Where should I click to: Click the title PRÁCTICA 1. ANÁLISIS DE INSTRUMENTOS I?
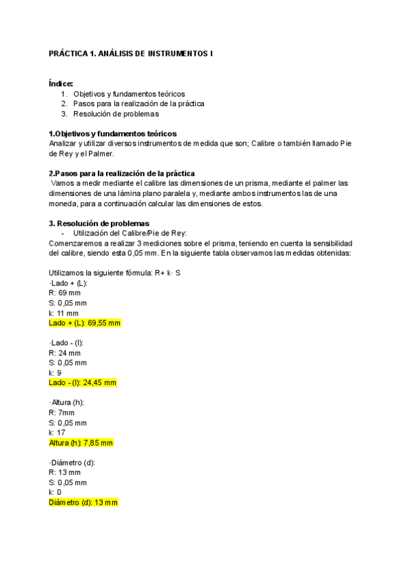pyautogui.click(x=131, y=53)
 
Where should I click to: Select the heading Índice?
pyautogui.click(x=61, y=83)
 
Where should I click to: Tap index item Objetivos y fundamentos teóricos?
pyautogui.click(x=129, y=94)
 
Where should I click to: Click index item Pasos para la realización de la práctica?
pyautogui.click(x=139, y=103)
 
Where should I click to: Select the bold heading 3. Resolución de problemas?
pyautogui.click(x=99, y=223)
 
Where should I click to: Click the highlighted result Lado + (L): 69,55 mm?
pyautogui.click(x=84, y=323)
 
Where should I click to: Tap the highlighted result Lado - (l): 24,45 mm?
pyautogui.click(x=82, y=382)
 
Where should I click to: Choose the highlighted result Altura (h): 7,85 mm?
pyautogui.click(x=80, y=442)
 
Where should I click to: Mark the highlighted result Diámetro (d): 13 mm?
pyautogui.click(x=83, y=502)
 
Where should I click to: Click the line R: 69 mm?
pyautogui.click(x=65, y=293)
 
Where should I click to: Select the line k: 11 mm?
pyautogui.click(x=63, y=312)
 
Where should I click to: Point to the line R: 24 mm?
pyautogui.click(x=65, y=352)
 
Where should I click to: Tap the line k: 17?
pyautogui.click(x=57, y=432)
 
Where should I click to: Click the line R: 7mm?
pyautogui.click(x=62, y=412)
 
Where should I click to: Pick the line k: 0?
pyautogui.click(x=55, y=492)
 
